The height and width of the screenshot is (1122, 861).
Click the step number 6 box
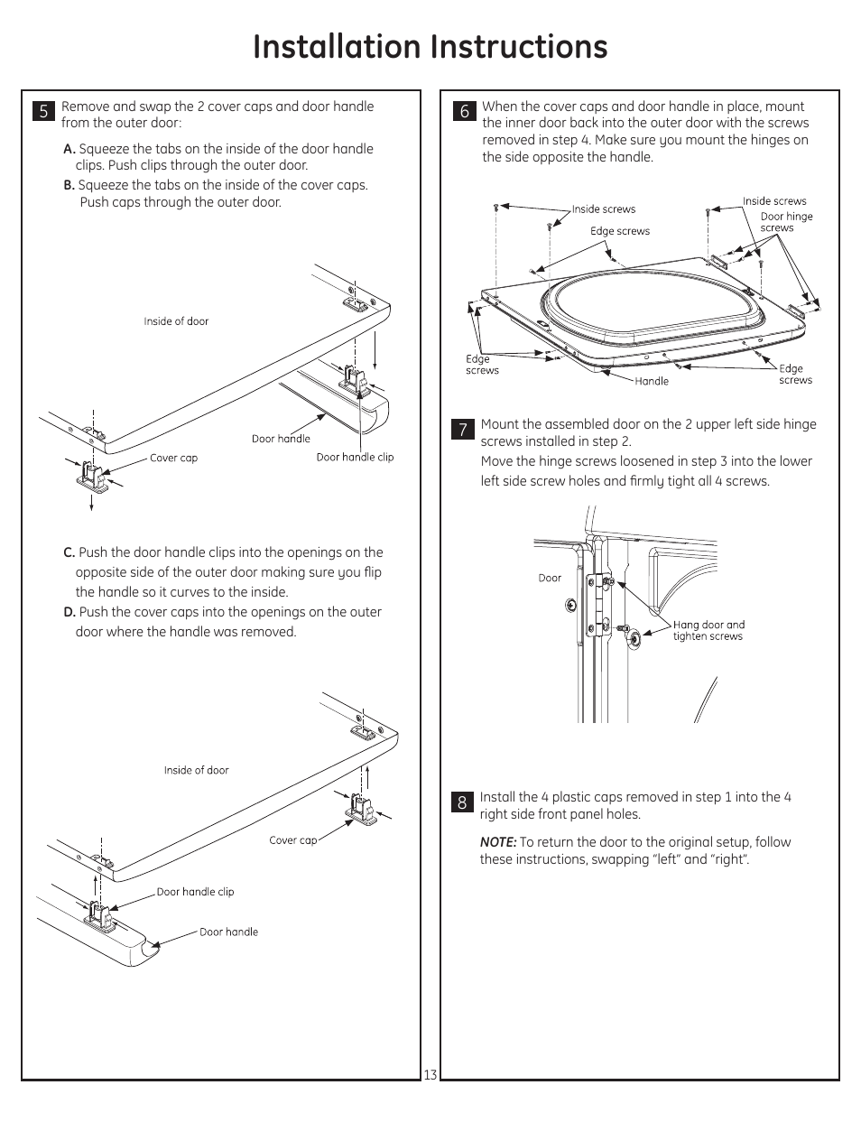(464, 111)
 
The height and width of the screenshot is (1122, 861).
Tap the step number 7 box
(462, 430)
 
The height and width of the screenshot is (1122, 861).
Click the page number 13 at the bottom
(430, 1074)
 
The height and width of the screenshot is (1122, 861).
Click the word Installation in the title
(337, 47)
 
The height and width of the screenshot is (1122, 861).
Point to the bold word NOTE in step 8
(497, 842)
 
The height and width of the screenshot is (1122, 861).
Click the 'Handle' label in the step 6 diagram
(652, 381)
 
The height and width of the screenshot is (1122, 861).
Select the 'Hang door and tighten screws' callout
(708, 630)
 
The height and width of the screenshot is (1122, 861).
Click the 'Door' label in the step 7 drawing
(550, 578)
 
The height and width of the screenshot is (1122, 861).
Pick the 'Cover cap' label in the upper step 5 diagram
(173, 458)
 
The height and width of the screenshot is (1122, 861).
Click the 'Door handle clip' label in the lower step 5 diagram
(195, 892)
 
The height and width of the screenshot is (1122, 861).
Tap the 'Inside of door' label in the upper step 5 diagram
(176, 321)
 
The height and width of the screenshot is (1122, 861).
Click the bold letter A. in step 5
(69, 149)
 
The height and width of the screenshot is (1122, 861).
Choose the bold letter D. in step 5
(69, 612)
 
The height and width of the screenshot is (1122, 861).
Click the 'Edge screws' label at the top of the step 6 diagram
(620, 231)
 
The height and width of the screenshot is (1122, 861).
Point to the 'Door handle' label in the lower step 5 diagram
(228, 932)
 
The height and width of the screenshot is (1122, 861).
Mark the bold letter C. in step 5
(69, 552)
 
